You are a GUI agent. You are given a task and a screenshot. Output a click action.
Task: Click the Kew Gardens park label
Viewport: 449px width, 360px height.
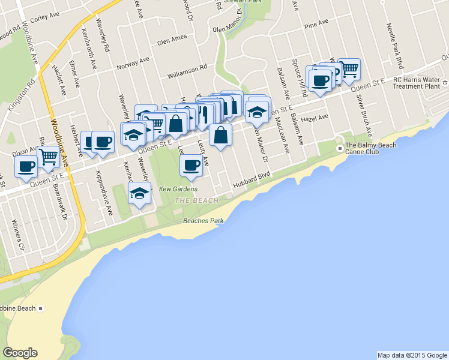coord(178,189)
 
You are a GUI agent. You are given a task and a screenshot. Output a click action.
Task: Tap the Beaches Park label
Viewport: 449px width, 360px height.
coord(203,221)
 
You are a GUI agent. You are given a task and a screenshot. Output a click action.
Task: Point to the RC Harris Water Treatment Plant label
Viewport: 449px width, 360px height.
coord(420,83)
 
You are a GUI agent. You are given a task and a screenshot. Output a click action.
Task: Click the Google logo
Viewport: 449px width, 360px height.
coord(20,353)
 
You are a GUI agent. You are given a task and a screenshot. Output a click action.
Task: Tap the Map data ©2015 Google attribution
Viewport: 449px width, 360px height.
coord(412,355)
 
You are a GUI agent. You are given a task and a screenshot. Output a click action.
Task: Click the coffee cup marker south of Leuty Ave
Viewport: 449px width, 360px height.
coord(191,165)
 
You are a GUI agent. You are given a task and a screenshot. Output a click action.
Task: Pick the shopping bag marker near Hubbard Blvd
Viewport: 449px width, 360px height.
coord(221,135)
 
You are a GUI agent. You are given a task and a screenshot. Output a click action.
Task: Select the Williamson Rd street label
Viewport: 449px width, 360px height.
coord(187,72)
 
